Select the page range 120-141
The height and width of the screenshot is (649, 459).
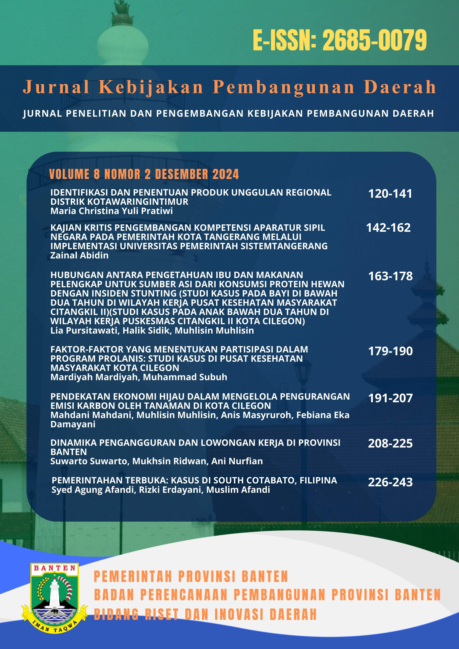click(390, 194)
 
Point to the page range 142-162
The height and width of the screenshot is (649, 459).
click(388, 228)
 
